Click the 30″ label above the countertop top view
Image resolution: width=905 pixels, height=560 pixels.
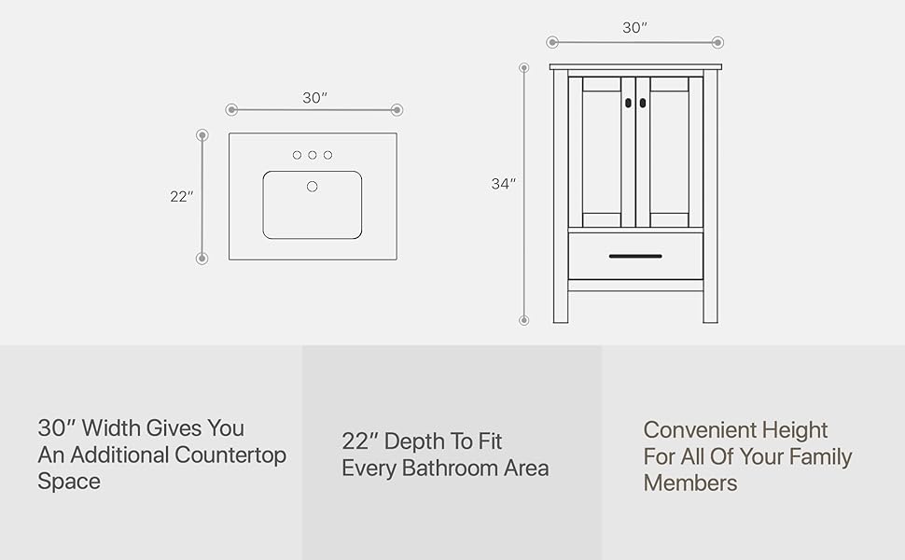[x=314, y=98]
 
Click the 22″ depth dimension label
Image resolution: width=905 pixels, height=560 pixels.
[x=181, y=197]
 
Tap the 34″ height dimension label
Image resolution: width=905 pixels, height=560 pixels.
[x=504, y=184]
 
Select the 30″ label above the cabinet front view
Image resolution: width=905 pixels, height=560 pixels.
[x=634, y=28]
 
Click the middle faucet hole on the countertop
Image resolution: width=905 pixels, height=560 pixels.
[x=313, y=155]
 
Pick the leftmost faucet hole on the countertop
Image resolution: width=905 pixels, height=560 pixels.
[x=297, y=155]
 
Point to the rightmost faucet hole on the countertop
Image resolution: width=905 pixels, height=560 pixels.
[x=328, y=155]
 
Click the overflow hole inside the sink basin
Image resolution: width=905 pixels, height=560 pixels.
[x=313, y=187]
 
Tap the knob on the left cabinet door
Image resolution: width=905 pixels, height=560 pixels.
[x=628, y=103]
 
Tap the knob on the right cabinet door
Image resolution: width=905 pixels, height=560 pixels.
[x=643, y=103]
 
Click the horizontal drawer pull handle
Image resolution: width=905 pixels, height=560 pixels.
[x=635, y=256]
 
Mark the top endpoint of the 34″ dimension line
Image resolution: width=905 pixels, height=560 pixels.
[x=524, y=67]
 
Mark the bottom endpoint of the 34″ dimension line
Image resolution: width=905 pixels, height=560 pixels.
[x=524, y=320]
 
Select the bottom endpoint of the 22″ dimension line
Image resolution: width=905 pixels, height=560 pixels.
[x=202, y=259]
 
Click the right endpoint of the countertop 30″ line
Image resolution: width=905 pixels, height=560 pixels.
[x=397, y=110]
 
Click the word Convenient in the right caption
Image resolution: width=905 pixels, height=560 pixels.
[x=700, y=430]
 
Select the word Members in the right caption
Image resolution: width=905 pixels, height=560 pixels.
[x=690, y=483]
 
